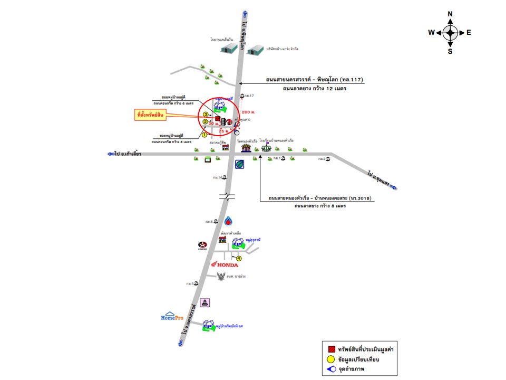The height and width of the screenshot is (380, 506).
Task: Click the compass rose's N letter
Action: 450,14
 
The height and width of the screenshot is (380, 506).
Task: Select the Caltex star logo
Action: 202,244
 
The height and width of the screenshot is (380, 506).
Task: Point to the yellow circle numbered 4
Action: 239,258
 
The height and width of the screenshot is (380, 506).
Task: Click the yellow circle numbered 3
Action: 206,114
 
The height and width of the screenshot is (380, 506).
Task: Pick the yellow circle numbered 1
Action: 204,135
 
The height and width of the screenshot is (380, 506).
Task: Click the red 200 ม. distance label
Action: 247,112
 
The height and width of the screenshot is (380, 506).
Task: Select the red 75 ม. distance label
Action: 225,129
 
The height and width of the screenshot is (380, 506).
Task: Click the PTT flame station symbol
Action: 228,221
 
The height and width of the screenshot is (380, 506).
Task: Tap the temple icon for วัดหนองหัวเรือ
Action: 246,148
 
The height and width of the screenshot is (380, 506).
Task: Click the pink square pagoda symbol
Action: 206,302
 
